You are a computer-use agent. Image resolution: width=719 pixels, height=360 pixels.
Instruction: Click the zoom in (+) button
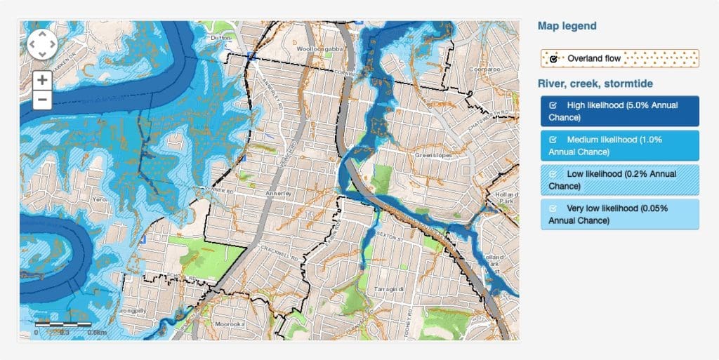point(43,80)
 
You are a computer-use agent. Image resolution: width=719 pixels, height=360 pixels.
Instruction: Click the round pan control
point(42,44)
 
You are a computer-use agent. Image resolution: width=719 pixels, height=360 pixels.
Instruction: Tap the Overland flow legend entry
point(619,58)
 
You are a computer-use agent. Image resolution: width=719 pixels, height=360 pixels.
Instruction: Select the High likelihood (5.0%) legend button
point(619,111)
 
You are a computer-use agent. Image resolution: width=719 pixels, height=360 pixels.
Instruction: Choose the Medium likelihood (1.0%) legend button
point(619,145)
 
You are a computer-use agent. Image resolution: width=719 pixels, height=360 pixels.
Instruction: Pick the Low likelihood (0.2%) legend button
point(619,180)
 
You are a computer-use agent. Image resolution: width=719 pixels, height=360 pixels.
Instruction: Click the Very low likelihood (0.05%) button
point(619,214)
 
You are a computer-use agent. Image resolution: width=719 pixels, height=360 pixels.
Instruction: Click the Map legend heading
point(567,26)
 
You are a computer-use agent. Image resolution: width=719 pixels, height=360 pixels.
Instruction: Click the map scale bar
point(63,325)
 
